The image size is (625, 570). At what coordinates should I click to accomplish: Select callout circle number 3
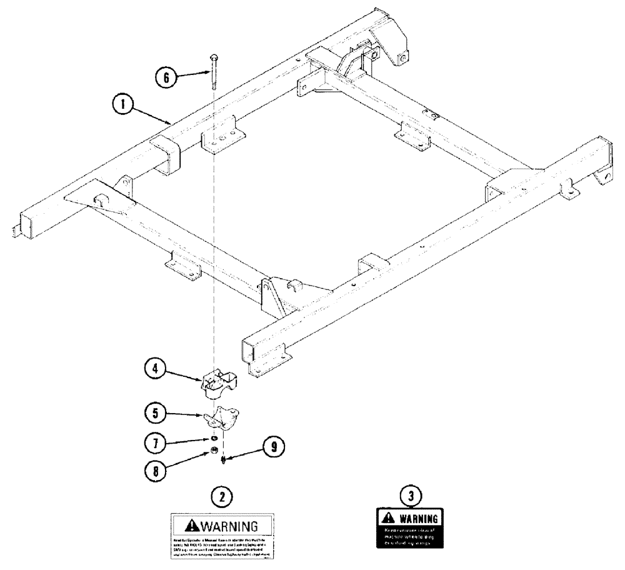(410, 497)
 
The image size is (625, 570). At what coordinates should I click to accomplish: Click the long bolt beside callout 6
(214, 70)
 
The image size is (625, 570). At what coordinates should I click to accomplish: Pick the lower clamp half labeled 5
(219, 419)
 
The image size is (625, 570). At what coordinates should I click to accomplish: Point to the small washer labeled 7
(214, 440)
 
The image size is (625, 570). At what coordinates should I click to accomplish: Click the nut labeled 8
(213, 451)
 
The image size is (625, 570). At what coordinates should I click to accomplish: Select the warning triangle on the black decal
(388, 517)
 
